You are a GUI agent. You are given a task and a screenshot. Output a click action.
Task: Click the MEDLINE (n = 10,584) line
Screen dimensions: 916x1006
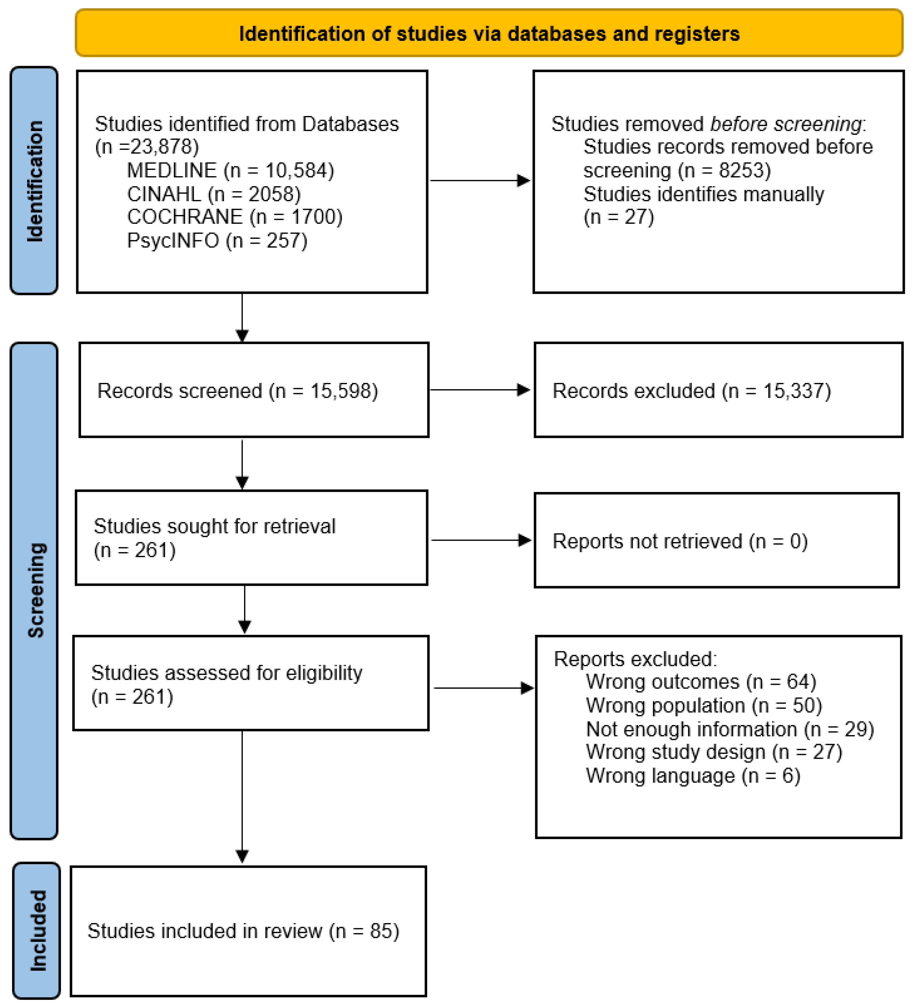click(x=231, y=171)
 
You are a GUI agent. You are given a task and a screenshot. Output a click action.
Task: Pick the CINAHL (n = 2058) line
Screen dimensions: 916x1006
click(x=214, y=194)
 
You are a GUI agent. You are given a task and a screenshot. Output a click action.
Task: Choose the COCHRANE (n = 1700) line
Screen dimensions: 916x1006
click(x=235, y=217)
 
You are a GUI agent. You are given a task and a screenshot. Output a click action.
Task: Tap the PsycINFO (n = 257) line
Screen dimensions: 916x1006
click(x=217, y=240)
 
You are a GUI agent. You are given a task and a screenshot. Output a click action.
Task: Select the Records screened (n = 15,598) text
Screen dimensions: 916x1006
click(x=238, y=391)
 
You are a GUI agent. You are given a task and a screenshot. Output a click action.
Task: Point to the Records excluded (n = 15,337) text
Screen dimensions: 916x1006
click(x=691, y=391)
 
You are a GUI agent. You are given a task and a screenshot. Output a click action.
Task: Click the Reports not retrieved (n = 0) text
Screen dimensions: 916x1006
click(x=680, y=541)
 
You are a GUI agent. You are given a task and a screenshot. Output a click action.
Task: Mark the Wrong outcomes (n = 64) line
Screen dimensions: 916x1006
click(x=701, y=682)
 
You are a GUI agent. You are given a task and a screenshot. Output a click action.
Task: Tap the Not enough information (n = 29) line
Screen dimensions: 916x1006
click(x=730, y=729)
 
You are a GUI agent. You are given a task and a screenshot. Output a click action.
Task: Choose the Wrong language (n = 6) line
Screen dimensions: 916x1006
click(x=693, y=775)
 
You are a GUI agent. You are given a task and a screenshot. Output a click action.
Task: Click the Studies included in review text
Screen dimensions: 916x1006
click(x=205, y=931)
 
